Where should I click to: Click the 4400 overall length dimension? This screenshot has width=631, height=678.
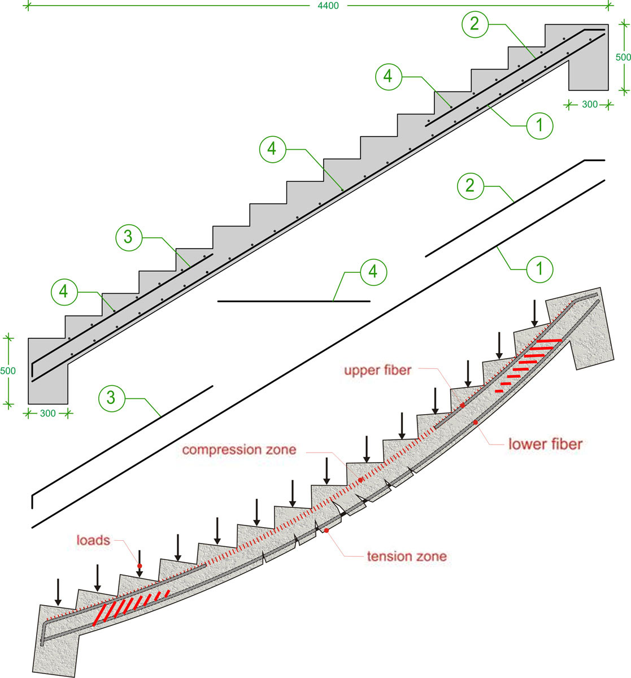point(328,6)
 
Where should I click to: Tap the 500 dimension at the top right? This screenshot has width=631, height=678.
point(623,57)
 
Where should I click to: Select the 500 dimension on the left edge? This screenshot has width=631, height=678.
point(8,371)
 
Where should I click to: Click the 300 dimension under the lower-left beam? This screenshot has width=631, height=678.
point(48,414)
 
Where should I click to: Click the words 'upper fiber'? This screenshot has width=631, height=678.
point(378,371)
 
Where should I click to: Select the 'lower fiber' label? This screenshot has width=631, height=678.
point(545,444)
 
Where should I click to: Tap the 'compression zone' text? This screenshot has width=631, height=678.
point(239,450)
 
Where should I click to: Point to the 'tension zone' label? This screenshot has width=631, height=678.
point(407,556)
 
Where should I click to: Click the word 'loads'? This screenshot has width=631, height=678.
point(93,540)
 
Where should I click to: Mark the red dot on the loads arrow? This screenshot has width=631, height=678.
point(140,566)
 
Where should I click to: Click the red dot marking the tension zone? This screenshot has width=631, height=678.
point(326,531)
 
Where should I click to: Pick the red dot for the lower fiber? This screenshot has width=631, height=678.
point(475,422)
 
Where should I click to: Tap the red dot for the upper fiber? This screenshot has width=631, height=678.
point(463,406)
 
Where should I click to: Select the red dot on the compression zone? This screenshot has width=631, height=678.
point(360,480)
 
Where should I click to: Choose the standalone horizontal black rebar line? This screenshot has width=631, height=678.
point(294,301)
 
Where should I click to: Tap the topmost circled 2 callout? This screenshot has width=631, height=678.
point(475,24)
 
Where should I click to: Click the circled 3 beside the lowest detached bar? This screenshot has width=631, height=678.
point(111,398)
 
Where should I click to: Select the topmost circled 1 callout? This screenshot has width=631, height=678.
point(540,125)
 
